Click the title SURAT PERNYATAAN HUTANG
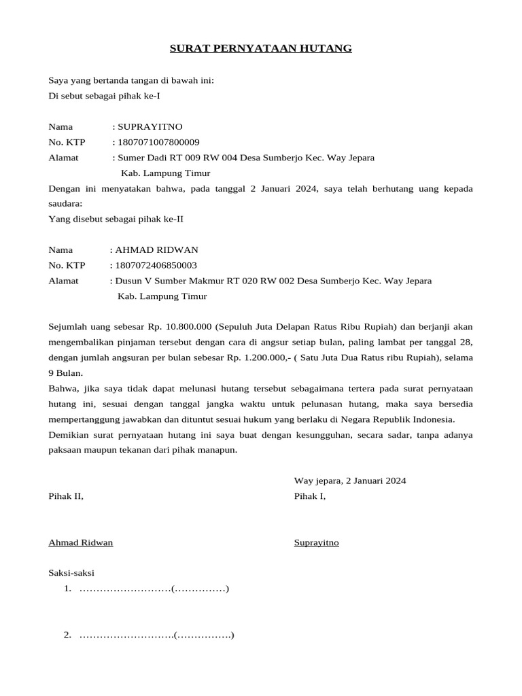point(260,48)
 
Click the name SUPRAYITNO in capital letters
point(150,126)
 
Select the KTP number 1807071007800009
point(158,142)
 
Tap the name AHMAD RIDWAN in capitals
point(156,249)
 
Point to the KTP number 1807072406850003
point(156,265)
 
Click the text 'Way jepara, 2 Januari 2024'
point(349,481)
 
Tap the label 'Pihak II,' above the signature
point(66,496)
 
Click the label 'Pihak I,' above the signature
point(310,496)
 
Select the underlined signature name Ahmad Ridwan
point(81,542)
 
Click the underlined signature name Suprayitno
point(316,542)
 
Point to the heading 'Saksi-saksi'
point(71,573)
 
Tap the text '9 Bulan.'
point(66,373)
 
